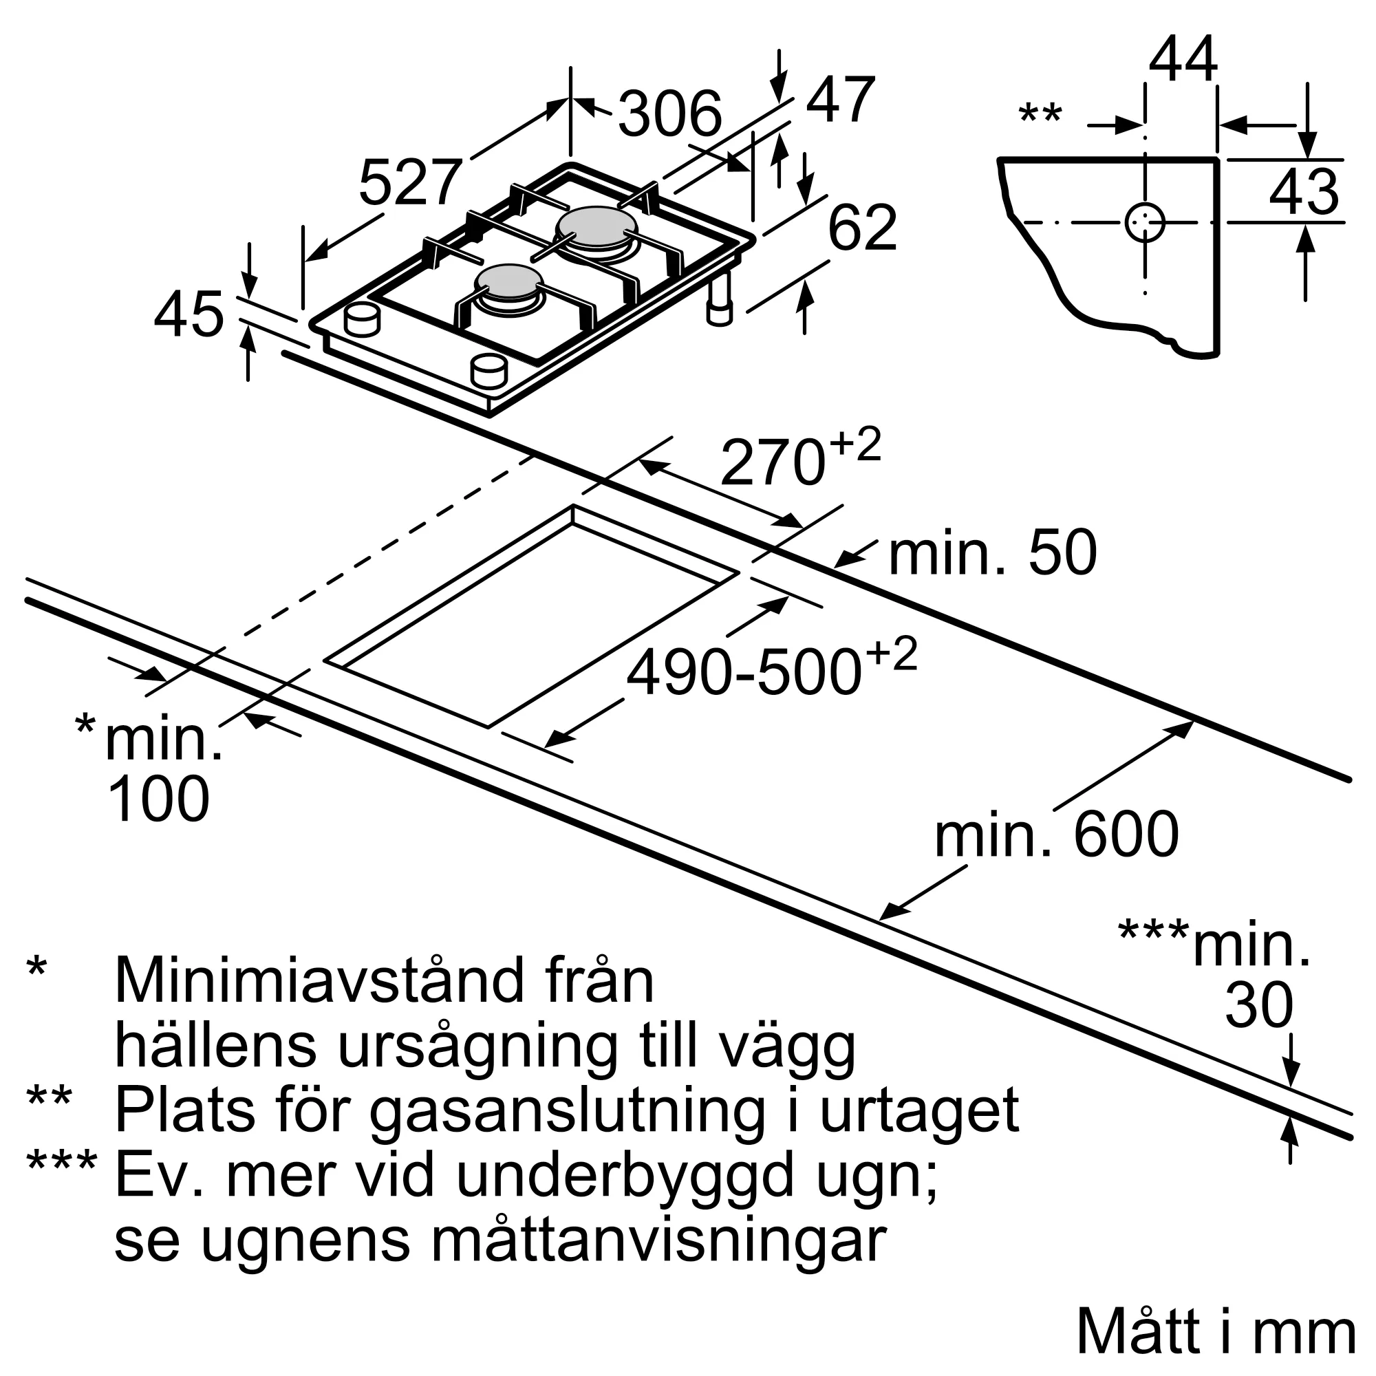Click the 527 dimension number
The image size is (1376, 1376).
click(410, 183)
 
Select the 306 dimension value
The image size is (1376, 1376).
click(669, 114)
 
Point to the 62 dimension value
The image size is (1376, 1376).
click(863, 227)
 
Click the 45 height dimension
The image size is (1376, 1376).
click(189, 315)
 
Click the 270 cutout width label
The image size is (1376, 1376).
click(772, 463)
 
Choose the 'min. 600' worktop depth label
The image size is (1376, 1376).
click(1057, 835)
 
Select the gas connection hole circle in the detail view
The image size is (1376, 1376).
click(1145, 223)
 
